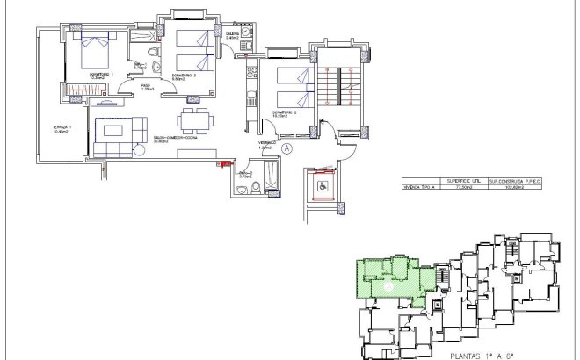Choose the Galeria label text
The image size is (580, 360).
coord(233,34)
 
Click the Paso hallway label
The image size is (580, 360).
coord(147,86)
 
